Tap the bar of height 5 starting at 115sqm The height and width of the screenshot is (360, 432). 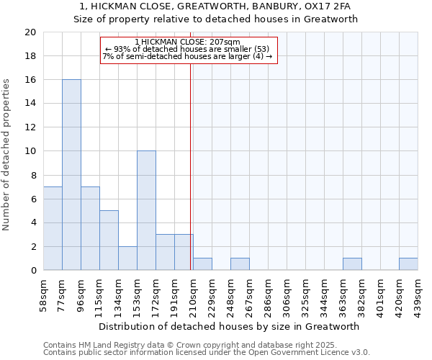[109, 240]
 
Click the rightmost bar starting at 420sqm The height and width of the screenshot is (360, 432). [408, 264]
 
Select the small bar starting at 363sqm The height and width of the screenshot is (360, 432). [352, 264]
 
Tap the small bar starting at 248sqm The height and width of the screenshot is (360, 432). [240, 264]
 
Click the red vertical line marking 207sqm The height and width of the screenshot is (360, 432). [190, 166]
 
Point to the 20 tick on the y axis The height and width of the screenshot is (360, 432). [30, 32]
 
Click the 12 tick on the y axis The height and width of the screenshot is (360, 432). [30, 127]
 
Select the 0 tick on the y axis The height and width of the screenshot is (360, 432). [33, 270]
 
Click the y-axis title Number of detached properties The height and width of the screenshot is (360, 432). [7, 155]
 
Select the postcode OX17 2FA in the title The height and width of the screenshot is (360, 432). [330, 6]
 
